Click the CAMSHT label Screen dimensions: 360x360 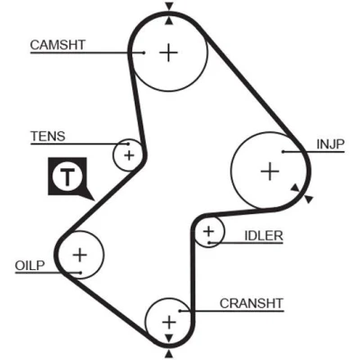[58, 45]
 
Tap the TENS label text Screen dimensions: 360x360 [48, 137]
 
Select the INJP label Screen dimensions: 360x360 [330, 144]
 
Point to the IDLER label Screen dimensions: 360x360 [264, 236]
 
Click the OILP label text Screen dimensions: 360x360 [30, 265]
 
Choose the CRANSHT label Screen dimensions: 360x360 [251, 303]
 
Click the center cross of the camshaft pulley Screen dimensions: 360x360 [168, 53]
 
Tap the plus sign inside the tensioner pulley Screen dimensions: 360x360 [130, 156]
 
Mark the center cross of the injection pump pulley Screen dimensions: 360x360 [270, 171]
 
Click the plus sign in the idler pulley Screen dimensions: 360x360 [209, 231]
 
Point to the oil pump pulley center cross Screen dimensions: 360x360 [80, 255]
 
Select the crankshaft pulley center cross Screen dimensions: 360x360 [169, 322]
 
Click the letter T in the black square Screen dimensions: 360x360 [67, 177]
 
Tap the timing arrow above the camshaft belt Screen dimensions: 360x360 [169, 6]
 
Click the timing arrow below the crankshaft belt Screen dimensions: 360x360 [169, 353]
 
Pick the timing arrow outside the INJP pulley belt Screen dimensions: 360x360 [309, 199]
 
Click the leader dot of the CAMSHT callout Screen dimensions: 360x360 [144, 53]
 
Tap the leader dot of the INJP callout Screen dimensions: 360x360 [283, 152]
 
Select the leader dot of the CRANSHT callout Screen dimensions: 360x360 [180, 310]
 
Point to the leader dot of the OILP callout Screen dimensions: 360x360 [81, 273]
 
